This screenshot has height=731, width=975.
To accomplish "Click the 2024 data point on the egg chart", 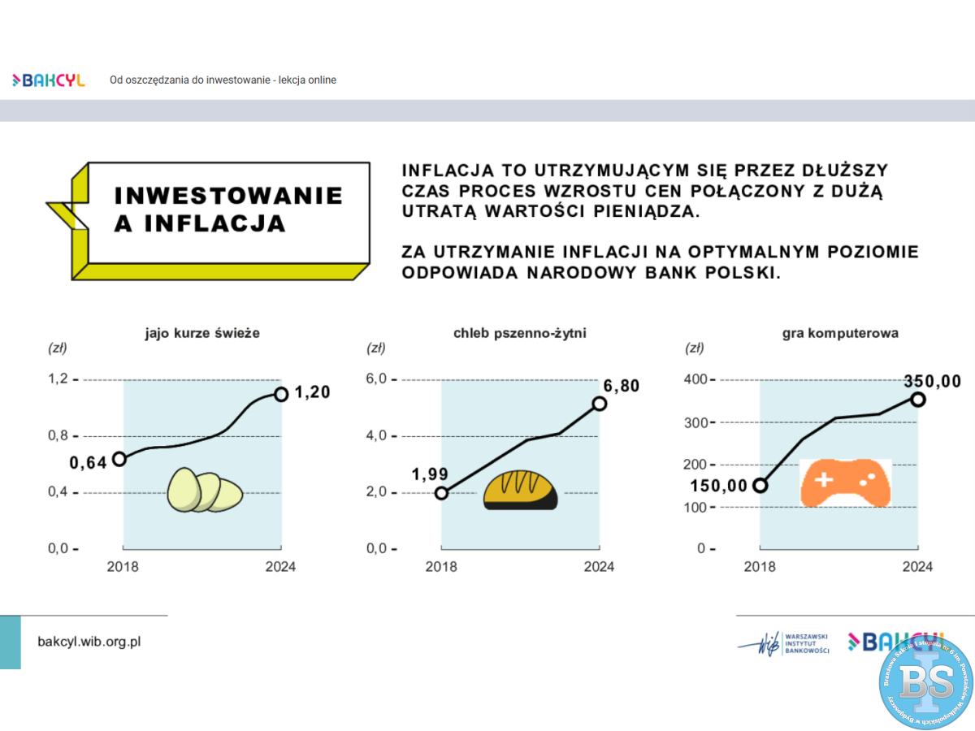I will (x=281, y=394).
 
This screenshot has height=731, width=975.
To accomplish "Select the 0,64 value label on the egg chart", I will (x=88, y=463).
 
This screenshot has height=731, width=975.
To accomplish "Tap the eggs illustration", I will (x=205, y=490).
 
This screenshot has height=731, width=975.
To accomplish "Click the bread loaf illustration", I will (x=521, y=490).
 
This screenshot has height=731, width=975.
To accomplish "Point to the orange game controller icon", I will (x=845, y=483).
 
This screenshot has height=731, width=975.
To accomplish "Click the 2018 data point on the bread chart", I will (x=441, y=493).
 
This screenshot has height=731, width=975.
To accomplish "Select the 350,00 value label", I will (x=933, y=381).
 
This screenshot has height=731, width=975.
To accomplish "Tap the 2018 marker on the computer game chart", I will (x=760, y=486).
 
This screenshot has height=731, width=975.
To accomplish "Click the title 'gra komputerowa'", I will (x=840, y=333).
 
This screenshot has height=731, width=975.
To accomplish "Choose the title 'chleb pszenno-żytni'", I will (x=520, y=333).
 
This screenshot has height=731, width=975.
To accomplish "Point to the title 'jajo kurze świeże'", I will (x=202, y=333).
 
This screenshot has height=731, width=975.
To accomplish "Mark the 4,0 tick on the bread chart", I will (x=379, y=436).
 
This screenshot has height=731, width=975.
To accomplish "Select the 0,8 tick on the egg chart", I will (x=60, y=436).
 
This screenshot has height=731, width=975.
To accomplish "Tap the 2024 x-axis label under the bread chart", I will (x=599, y=566).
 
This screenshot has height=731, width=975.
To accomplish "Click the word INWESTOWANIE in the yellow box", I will (x=228, y=196).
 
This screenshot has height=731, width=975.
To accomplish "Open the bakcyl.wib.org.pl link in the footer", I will (x=89, y=641).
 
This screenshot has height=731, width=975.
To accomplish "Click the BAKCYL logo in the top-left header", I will (x=49, y=80).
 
